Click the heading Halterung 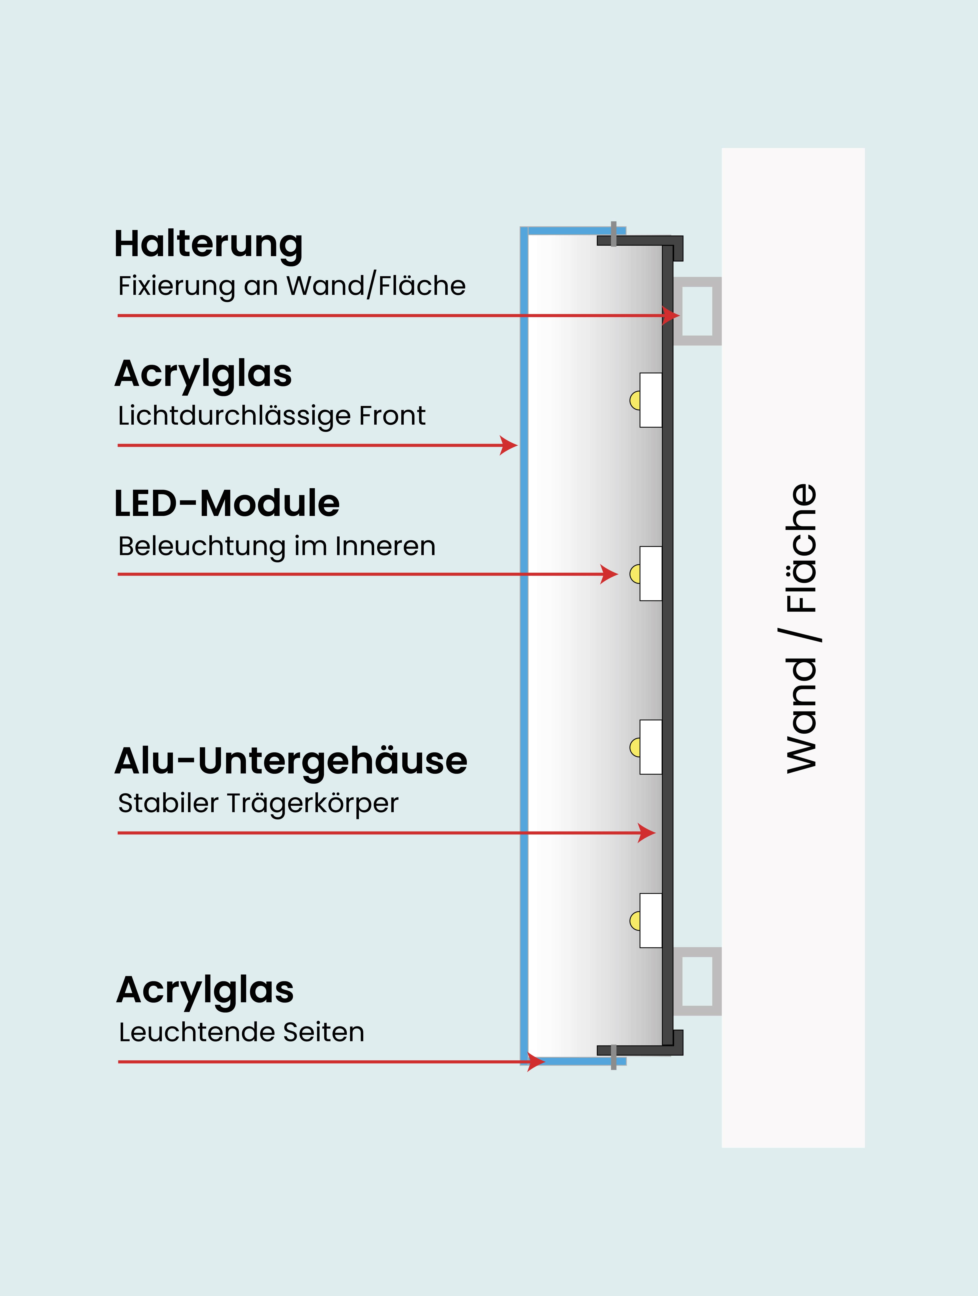(208, 244)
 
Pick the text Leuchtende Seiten (241, 1032)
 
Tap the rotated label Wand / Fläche (801, 628)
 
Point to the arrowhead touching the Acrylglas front (510, 445)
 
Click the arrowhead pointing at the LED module (610, 574)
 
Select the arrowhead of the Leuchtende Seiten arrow (536, 1062)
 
